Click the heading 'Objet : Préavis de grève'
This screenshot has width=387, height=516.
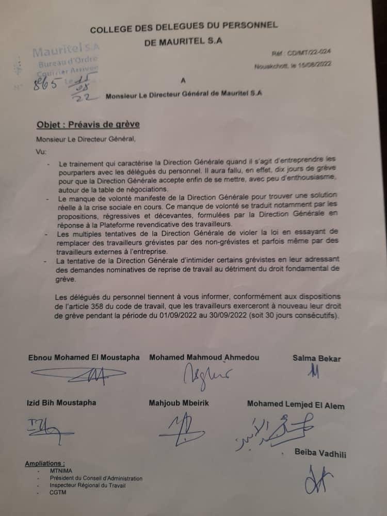88,125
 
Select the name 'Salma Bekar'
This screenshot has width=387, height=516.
316,359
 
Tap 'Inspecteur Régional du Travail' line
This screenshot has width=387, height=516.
87,486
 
